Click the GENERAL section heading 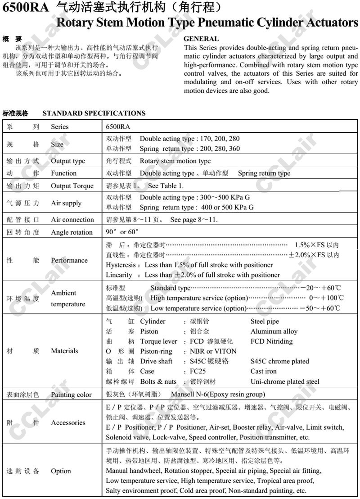pos(201,39)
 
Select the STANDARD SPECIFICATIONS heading pos(94,113)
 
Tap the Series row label pos(60,127)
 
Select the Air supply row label pos(66,203)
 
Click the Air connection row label pos(72,220)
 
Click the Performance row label pos(69,260)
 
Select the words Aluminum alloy pos(274,331)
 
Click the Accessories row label pos(68,422)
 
